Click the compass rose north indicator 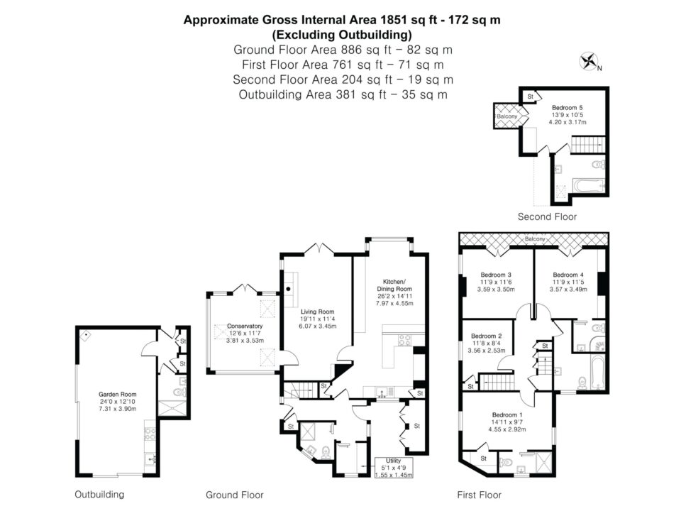pyautogui.click(x=589, y=62)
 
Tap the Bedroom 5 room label pyautogui.click(x=567, y=108)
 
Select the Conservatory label pyautogui.click(x=245, y=326)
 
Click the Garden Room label pyautogui.click(x=117, y=395)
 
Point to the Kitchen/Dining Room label pyautogui.click(x=394, y=285)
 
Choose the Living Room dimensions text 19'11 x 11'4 pyautogui.click(x=318, y=319)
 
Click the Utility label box pyautogui.click(x=394, y=468)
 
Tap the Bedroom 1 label pyautogui.click(x=507, y=415)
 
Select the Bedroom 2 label pyautogui.click(x=487, y=336)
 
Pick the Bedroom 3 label pyautogui.click(x=496, y=275)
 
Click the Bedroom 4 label pyautogui.click(x=568, y=275)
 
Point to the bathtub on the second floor pyautogui.click(x=589, y=186)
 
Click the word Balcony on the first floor pyautogui.click(x=535, y=239)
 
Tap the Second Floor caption pyautogui.click(x=547, y=217)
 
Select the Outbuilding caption pyautogui.click(x=99, y=495)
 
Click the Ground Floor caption pyautogui.click(x=235, y=495)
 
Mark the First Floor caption pyautogui.click(x=479, y=495)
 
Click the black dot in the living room pyautogui.click(x=289, y=289)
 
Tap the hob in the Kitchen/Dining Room pyautogui.click(x=405, y=340)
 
